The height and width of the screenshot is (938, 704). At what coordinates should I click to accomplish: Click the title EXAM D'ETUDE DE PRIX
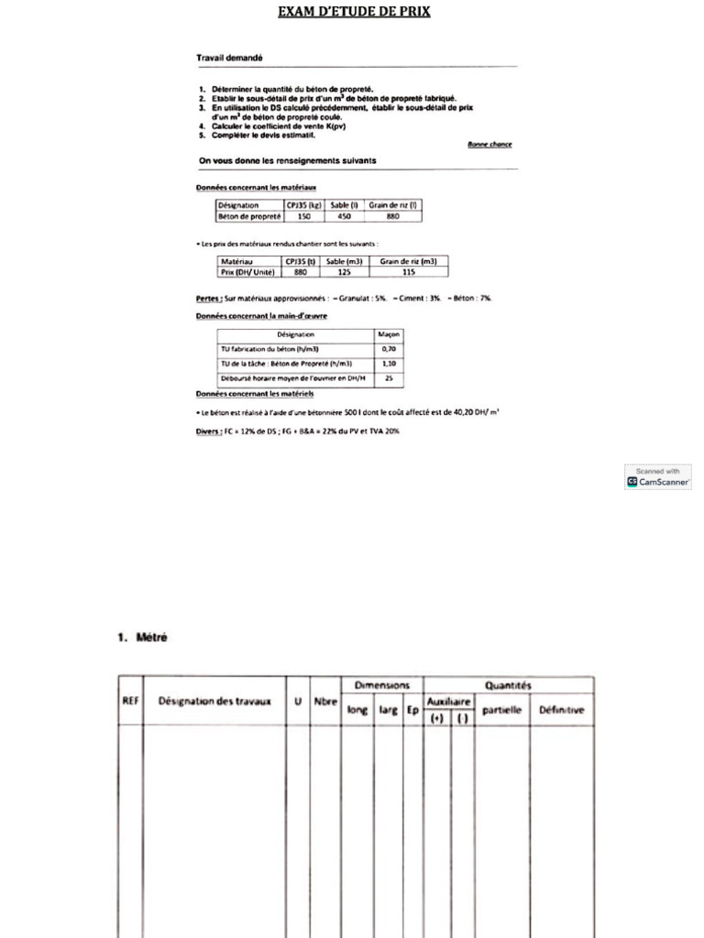(x=355, y=12)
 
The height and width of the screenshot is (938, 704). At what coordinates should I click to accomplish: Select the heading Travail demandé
(x=229, y=58)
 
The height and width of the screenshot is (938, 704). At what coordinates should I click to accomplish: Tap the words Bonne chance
(x=489, y=144)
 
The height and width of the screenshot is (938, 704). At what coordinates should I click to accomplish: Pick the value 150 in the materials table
(x=304, y=217)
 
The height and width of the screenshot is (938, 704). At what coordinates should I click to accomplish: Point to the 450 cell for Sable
(x=345, y=217)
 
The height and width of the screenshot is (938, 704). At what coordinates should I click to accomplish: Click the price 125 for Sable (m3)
(x=345, y=272)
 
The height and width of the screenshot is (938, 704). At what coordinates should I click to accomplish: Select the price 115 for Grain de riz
(x=408, y=272)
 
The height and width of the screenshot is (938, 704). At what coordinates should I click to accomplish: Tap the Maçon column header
(x=389, y=334)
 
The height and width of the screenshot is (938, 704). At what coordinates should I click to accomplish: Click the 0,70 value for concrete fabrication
(x=389, y=349)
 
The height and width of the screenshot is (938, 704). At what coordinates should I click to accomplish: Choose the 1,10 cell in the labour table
(x=389, y=363)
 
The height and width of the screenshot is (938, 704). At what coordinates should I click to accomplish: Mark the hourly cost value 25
(x=389, y=377)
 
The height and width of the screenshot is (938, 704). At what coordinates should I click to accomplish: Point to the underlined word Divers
(x=208, y=431)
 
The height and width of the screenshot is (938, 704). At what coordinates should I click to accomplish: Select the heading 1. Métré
(x=142, y=638)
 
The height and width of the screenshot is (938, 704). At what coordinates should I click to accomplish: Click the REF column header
(x=130, y=702)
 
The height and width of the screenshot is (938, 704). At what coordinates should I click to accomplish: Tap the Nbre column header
(x=325, y=702)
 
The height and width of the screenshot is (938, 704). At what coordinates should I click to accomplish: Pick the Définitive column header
(x=561, y=710)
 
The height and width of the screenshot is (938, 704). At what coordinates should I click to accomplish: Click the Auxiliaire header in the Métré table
(x=449, y=701)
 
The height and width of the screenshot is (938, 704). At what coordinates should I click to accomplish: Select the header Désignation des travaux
(x=214, y=702)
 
